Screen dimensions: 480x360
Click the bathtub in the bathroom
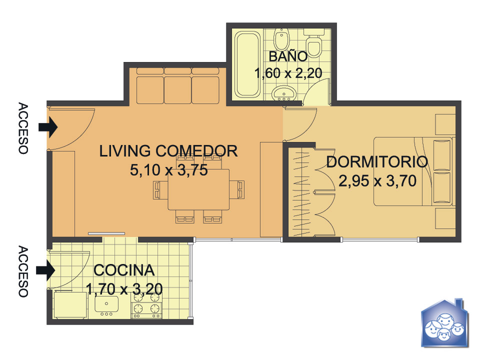pyautogui.click(x=247, y=64)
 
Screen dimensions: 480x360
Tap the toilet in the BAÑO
pyautogui.click(x=314, y=43)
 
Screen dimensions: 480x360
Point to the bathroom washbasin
pyautogui.click(x=284, y=93)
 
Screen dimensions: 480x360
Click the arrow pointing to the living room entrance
pyautogui.click(x=48, y=126)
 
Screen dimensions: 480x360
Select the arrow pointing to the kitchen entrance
pyautogui.click(x=45, y=270)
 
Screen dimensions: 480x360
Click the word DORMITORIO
pyautogui.click(x=377, y=162)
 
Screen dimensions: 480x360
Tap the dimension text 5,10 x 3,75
pyautogui.click(x=169, y=170)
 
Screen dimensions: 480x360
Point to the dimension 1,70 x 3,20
pyautogui.click(x=124, y=288)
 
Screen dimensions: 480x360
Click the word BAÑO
pyautogui.click(x=288, y=56)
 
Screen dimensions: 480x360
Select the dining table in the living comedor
pyautogui.click(x=198, y=189)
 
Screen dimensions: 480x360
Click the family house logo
pyautogui.click(x=444, y=323)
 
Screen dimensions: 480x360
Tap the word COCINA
pyautogui.click(x=124, y=270)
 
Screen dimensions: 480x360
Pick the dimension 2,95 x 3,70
pyautogui.click(x=377, y=180)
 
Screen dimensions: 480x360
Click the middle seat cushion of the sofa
pyautogui.click(x=178, y=90)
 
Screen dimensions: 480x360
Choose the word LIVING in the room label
pyautogui.click(x=125, y=151)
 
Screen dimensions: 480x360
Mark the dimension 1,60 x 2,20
pyautogui.click(x=288, y=73)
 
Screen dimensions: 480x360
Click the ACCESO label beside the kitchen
pyautogui.click(x=23, y=271)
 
